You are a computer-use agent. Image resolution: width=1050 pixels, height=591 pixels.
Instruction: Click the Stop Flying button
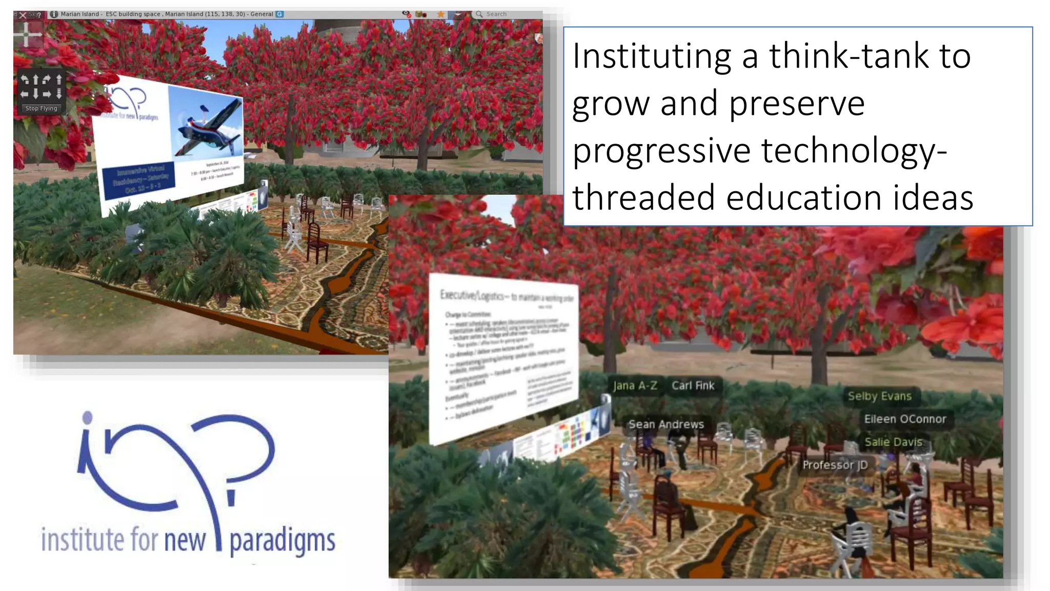tap(42, 108)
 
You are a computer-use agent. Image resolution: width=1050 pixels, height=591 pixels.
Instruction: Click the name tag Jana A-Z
tap(635, 386)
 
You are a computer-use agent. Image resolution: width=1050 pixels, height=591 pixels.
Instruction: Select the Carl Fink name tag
tap(693, 386)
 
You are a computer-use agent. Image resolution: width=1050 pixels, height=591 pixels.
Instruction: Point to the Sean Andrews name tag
tap(666, 424)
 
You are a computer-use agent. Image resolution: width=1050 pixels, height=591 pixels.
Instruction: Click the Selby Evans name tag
tap(879, 396)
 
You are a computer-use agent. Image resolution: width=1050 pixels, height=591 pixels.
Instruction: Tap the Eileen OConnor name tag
tap(905, 419)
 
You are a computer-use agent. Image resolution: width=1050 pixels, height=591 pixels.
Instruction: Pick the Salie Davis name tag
tap(893, 442)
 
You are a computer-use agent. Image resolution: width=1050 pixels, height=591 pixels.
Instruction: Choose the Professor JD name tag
tap(835, 465)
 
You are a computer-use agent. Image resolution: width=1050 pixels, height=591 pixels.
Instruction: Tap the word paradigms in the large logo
tap(282, 541)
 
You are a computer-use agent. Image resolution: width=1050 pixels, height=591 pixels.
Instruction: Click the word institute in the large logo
tap(82, 540)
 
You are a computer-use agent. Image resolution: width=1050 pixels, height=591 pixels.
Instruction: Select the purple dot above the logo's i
tap(88, 418)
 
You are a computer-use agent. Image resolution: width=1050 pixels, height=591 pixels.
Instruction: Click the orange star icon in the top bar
tap(440, 14)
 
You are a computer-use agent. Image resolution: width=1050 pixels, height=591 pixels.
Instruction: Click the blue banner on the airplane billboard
tap(139, 180)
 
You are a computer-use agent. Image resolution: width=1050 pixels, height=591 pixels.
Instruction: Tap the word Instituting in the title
tap(652, 56)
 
